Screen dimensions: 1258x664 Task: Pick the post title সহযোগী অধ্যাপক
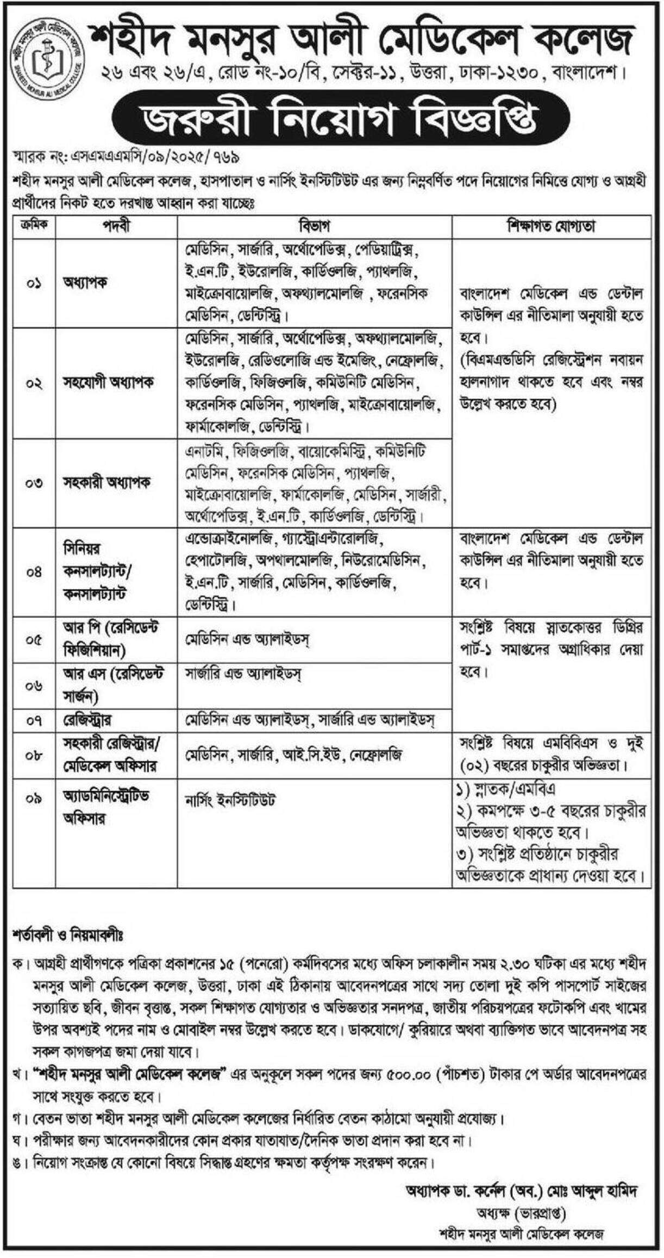[108, 383]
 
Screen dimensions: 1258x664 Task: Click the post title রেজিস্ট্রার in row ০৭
[87, 721]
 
